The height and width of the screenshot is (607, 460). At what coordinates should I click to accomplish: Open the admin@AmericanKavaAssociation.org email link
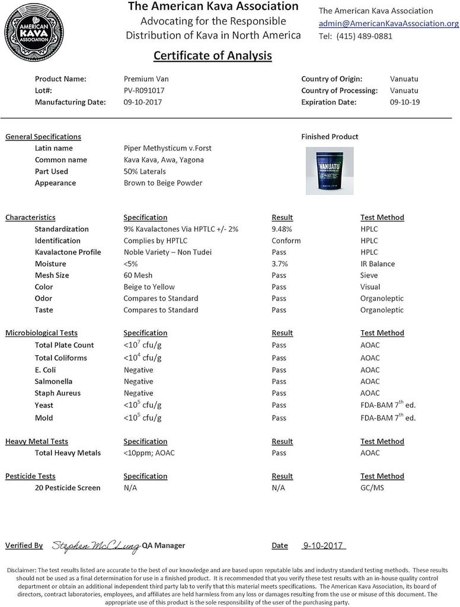pos(388,23)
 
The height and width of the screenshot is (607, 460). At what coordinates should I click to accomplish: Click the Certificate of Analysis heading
pos(212,56)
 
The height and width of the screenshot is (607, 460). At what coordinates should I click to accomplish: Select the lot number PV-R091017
pos(144,90)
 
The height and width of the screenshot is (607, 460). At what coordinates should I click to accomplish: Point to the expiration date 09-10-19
pos(405,102)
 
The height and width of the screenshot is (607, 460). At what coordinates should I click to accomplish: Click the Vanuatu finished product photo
pos(330,171)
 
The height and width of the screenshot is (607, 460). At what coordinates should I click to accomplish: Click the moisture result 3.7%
pos(279,264)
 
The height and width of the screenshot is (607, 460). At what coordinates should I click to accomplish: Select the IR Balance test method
pos(378,264)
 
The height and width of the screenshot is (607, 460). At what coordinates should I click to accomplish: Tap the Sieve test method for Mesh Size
pos(369,275)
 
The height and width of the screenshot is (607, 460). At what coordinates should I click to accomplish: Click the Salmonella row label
pos(53,381)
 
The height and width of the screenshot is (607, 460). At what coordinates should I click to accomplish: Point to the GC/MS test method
pos(372,488)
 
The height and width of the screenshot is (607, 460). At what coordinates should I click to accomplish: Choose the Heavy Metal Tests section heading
pos(37,441)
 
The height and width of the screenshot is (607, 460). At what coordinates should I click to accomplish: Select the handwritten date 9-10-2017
pos(323,545)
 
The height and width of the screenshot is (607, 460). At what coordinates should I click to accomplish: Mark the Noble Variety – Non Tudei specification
pos(167,252)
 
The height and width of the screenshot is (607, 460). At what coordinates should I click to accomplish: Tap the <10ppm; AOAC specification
pos(149,453)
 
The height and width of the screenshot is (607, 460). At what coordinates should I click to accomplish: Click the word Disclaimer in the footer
pos(22,570)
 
